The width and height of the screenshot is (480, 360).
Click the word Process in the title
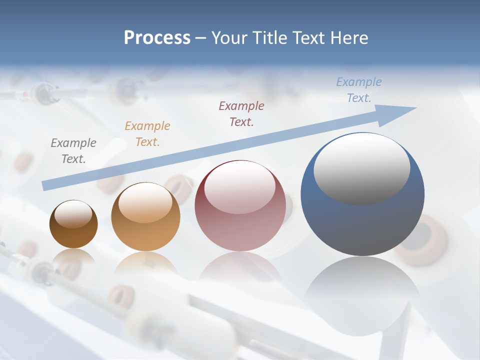point(157,38)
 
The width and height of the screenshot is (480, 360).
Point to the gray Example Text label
point(73,151)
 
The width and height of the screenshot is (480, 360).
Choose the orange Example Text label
point(147,134)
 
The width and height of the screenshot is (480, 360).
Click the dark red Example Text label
point(241,113)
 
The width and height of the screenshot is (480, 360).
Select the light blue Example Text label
point(359,90)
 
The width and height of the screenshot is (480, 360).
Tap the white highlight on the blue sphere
point(362,168)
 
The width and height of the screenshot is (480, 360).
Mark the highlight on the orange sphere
point(145,202)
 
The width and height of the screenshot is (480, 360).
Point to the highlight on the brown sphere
point(73,214)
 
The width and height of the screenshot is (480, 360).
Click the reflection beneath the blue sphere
point(362,285)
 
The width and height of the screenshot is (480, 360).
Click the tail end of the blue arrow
point(46,185)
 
